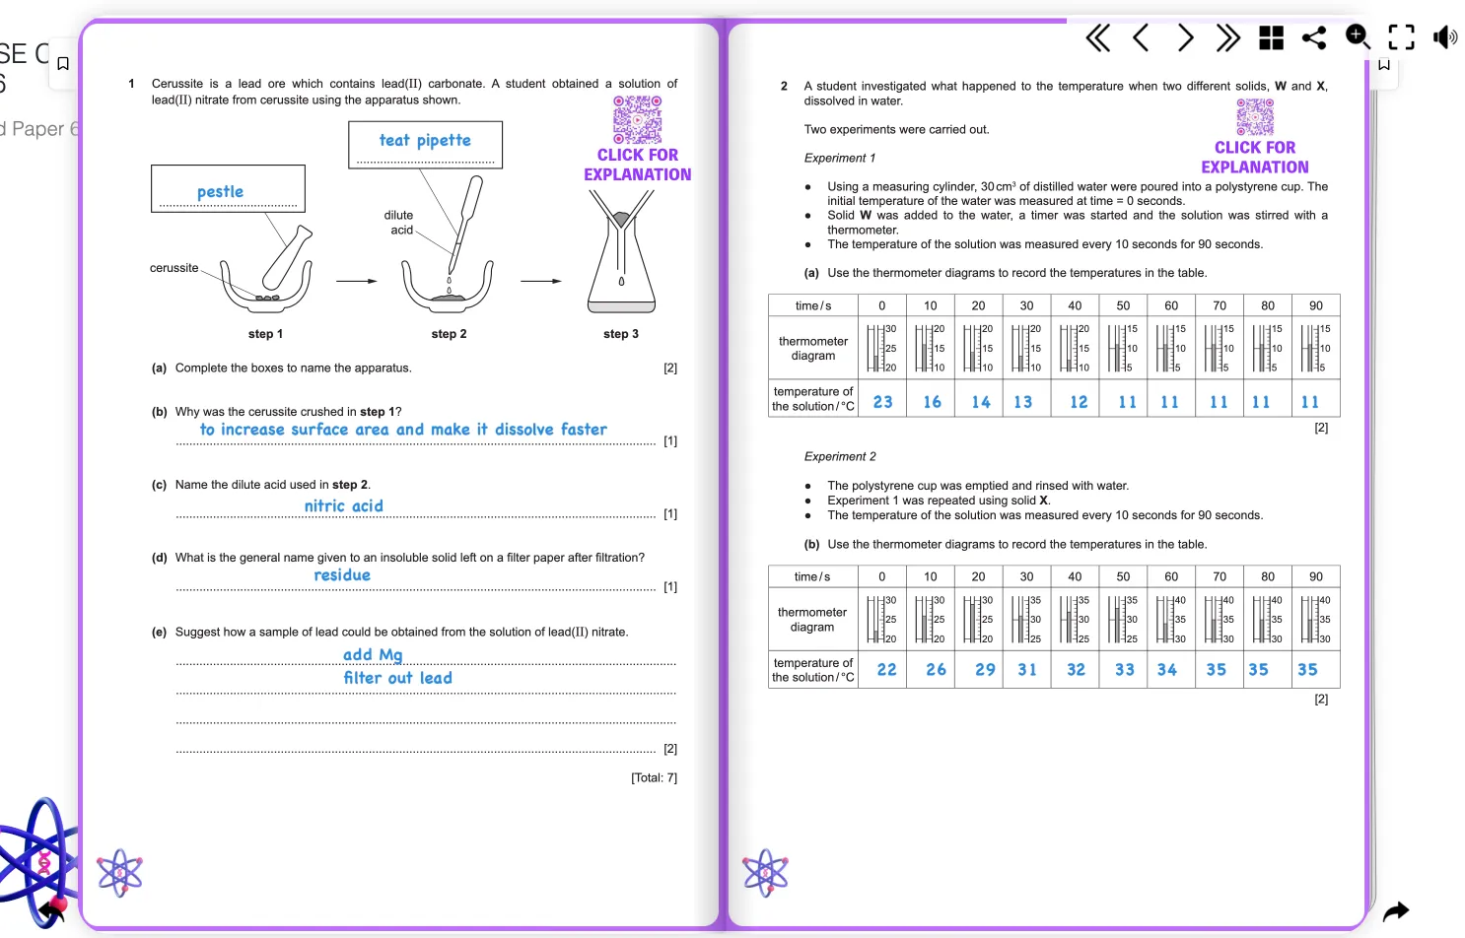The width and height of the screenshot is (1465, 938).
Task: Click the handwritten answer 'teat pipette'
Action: [425, 141]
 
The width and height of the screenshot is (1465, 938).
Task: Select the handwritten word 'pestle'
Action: [220, 192]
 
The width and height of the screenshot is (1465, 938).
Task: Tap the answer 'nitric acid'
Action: [343, 506]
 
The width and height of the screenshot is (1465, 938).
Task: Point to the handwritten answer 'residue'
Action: [342, 575]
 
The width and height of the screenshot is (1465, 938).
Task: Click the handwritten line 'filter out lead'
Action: [397, 678]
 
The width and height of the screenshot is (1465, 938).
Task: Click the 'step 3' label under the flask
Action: [621, 334]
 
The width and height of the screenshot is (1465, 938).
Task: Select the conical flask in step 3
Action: [621, 266]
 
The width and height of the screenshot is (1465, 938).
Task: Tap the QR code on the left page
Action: [637, 119]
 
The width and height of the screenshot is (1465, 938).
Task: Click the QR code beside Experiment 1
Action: [1255, 117]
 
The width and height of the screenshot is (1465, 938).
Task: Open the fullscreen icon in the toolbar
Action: [1401, 37]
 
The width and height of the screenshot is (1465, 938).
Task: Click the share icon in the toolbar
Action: [1314, 37]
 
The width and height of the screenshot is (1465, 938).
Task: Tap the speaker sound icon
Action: [1444, 37]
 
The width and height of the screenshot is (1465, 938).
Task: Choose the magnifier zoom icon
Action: [1358, 37]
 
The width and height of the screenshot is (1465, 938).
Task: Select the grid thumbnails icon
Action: [1271, 37]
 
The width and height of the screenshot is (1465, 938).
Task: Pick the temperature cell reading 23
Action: [882, 402]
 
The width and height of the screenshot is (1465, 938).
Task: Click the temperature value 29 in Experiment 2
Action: [985, 670]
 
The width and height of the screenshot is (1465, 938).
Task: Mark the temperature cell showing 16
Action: [932, 402]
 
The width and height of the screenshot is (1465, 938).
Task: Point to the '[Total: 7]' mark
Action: [654, 778]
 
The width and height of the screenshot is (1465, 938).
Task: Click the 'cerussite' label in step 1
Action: [174, 268]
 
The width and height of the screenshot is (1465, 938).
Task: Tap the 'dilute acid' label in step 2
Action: [399, 223]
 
